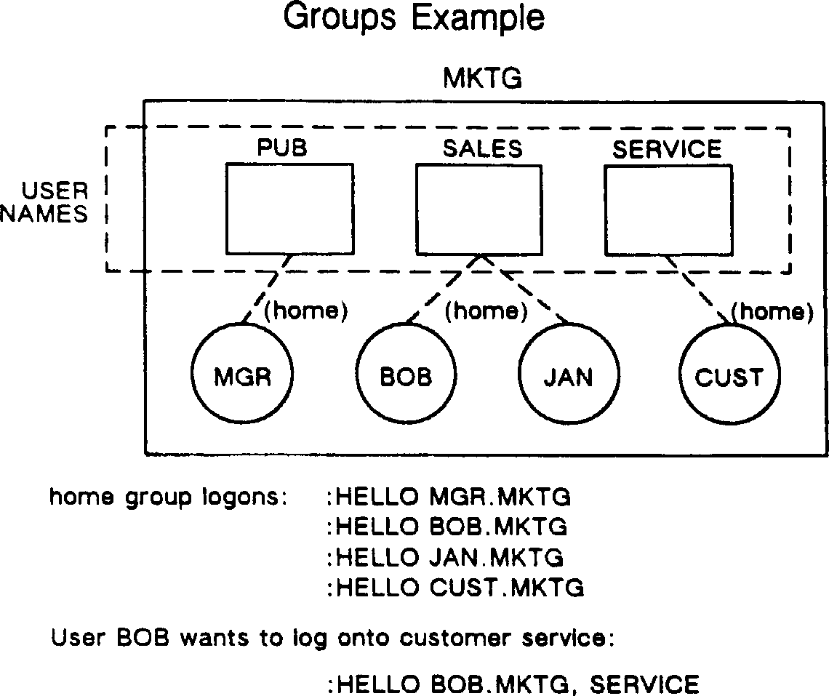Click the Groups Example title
point(414,17)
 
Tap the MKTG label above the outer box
point(483,79)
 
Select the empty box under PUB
point(289,209)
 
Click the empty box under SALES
point(478,209)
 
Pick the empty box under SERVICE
point(668,209)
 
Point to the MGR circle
point(242,376)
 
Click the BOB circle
point(406,376)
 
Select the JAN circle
point(568,376)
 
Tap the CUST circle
point(729,376)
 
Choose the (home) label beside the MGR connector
point(305,311)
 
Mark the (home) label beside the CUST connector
point(772,312)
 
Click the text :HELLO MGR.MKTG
point(449,497)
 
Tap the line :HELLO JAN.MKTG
point(445,557)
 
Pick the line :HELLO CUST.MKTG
point(455,587)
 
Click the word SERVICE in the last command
point(644,684)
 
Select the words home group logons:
point(168,497)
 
